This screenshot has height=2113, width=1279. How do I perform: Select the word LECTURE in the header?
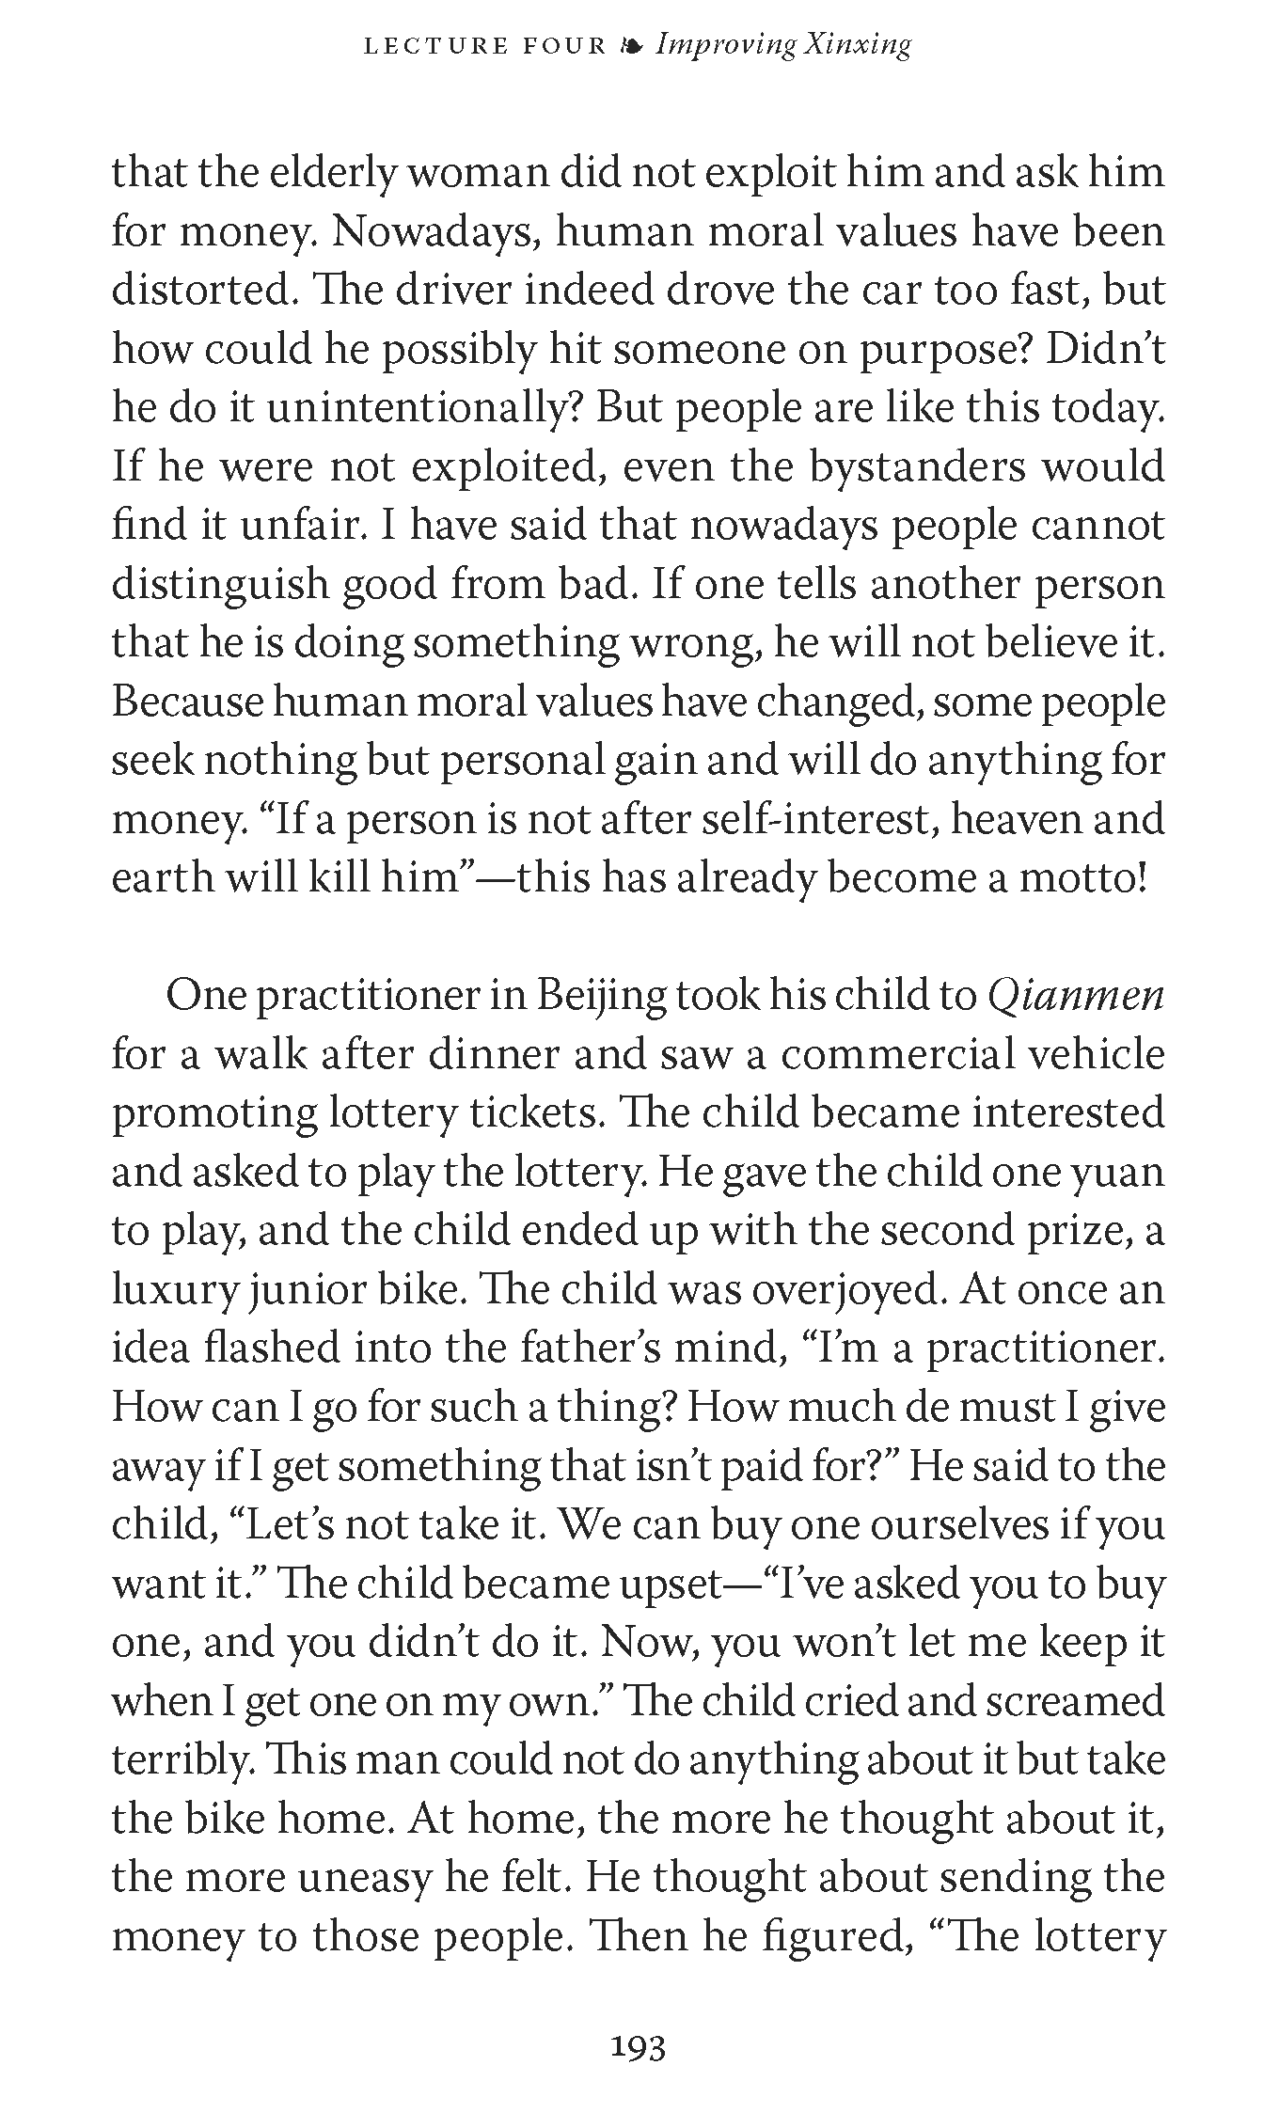pos(422,45)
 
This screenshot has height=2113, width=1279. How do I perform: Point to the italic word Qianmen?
pos(1076,997)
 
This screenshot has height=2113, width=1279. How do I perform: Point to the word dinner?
pos(493,1055)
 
